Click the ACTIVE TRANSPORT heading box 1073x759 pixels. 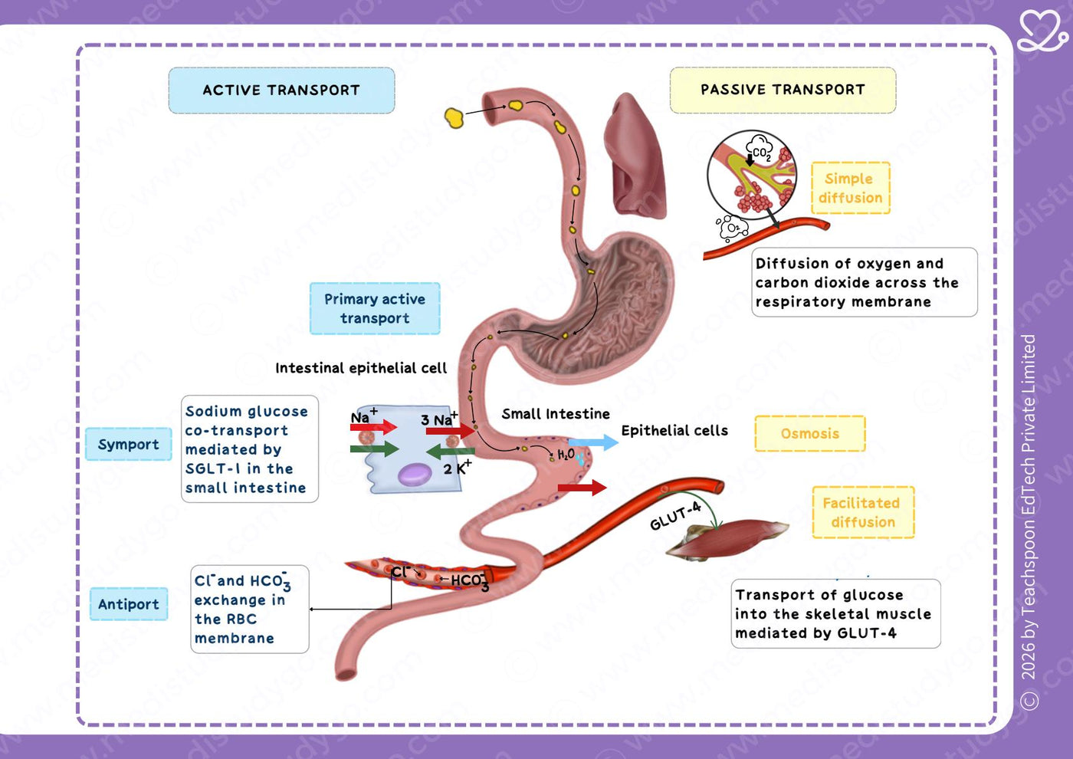[x=282, y=90]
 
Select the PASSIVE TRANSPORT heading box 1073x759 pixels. [x=783, y=90]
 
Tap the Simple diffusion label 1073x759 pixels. [x=851, y=188]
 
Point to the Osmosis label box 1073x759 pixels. [x=810, y=434]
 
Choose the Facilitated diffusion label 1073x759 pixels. [x=863, y=512]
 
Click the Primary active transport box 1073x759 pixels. [x=375, y=308]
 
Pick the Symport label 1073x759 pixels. [x=129, y=444]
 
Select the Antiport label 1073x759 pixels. [x=129, y=604]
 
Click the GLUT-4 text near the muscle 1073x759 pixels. [x=675, y=515]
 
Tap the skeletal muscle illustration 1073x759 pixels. [x=727, y=539]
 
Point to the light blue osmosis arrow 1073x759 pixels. [x=593, y=442]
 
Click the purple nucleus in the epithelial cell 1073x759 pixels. [x=415, y=475]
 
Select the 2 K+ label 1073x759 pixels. [x=458, y=467]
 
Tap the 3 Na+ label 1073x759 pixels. [x=439, y=419]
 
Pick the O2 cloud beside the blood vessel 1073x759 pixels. [x=733, y=227]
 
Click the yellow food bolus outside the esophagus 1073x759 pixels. [x=454, y=118]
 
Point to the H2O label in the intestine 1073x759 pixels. [x=566, y=454]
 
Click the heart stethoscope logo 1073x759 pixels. [x=1043, y=31]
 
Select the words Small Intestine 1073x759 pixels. [x=556, y=413]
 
